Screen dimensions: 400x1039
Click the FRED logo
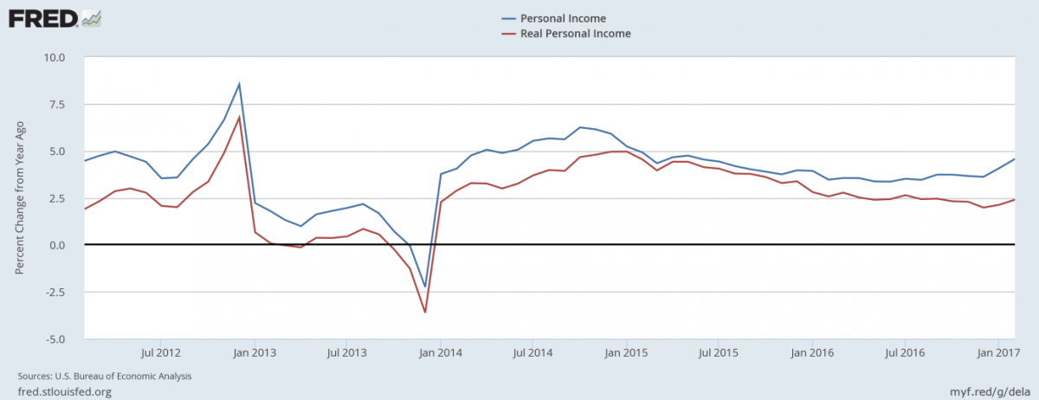[x=55, y=17]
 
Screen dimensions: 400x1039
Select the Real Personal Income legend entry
[x=575, y=34]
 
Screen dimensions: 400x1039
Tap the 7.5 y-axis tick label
[x=66, y=105]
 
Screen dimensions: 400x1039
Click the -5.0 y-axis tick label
[x=64, y=339]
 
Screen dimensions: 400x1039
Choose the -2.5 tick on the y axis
[x=64, y=292]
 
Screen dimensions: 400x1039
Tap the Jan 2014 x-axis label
[x=440, y=352]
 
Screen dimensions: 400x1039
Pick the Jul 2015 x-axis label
[x=718, y=352]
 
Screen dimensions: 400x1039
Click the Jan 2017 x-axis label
[x=997, y=352]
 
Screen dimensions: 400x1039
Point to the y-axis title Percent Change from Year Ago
[x=19, y=197]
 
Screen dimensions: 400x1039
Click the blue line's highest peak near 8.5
[x=239, y=84]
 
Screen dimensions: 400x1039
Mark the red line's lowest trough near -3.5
[x=425, y=312]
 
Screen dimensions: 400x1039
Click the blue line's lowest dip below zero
[x=425, y=286]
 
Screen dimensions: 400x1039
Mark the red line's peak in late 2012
[x=239, y=117]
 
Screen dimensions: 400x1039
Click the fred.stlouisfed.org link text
[x=65, y=392]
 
